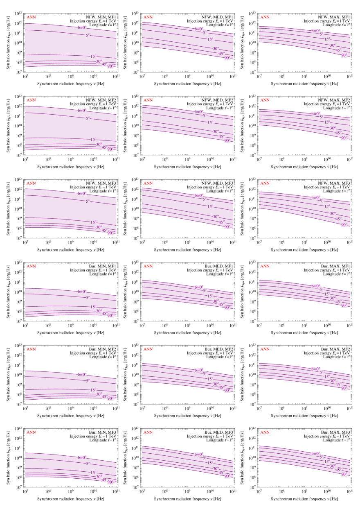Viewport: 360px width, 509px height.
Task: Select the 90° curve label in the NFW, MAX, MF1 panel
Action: click(x=344, y=54)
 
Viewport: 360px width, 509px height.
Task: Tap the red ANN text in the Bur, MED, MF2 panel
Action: click(x=148, y=349)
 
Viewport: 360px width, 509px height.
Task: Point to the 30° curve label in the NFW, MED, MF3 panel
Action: click(x=216, y=217)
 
